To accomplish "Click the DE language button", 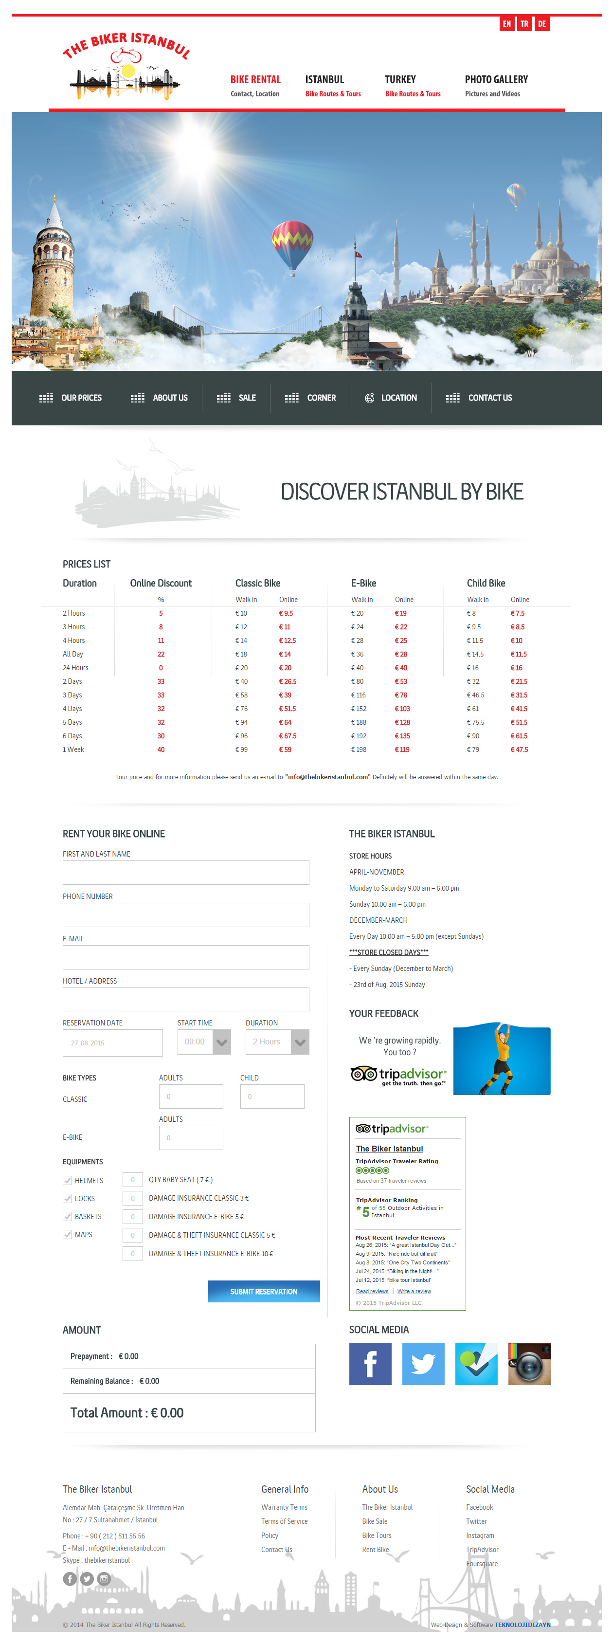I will (x=541, y=24).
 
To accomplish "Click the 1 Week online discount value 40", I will (x=161, y=749).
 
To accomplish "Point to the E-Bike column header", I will (x=363, y=583).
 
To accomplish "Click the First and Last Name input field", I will (x=185, y=872).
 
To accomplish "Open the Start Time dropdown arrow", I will (x=221, y=1042).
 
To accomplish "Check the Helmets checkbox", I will (x=67, y=1180).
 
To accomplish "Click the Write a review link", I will (x=414, y=1291).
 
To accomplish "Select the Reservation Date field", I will (x=112, y=1043).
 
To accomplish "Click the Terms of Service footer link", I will (x=284, y=1521).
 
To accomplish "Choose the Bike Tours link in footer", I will (x=377, y=1535).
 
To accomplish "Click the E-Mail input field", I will (x=185, y=957).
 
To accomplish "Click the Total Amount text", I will (x=126, y=1412).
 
